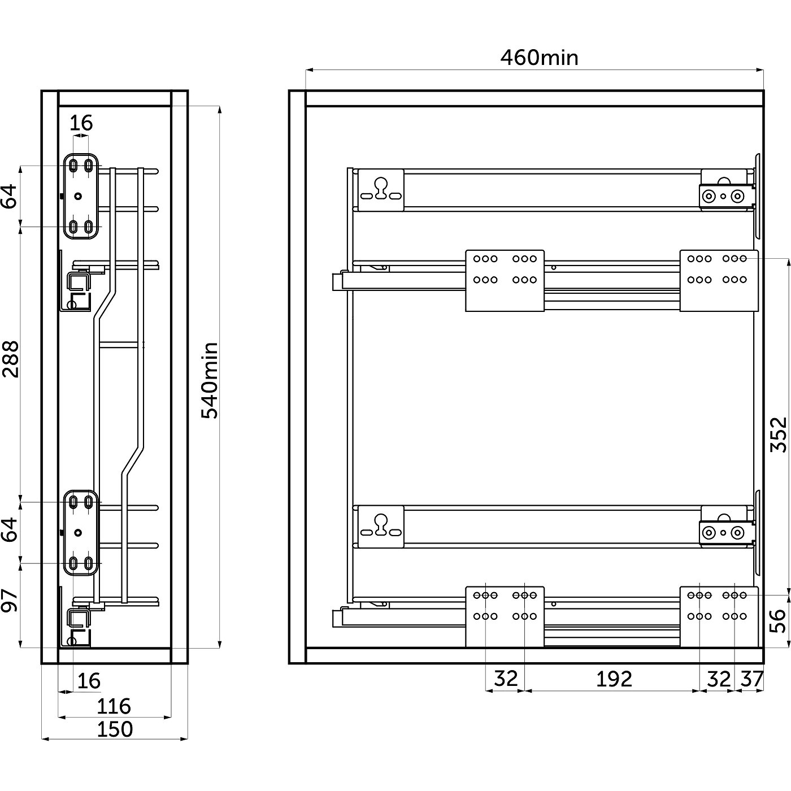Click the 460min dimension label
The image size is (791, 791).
tap(539, 58)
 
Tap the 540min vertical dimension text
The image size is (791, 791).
tap(210, 380)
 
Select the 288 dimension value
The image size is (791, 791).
tap(11, 359)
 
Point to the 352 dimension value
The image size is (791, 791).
tap(779, 434)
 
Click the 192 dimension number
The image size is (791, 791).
tap(614, 679)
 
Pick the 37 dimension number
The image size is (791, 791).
tap(751, 679)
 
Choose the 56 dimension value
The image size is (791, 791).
tap(779, 620)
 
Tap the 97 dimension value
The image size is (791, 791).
tap(11, 601)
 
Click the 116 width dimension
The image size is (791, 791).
tap(114, 706)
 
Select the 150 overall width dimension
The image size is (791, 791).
tap(115, 729)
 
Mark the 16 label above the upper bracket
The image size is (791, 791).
tap(81, 123)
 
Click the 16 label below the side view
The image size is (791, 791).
tap(89, 681)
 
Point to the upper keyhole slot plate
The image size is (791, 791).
tap(381, 190)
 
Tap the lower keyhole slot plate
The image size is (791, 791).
tap(381, 527)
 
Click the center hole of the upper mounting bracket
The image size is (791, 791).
tap(78, 196)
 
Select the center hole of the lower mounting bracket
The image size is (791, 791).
tap(78, 533)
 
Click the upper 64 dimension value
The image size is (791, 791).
tap(11, 196)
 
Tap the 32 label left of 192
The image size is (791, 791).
tap(505, 679)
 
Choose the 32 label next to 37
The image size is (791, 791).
tap(719, 679)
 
